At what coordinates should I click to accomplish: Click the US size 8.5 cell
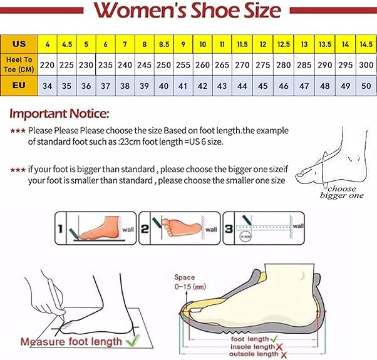click(x=163, y=44)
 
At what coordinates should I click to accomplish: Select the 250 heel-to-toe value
click(x=163, y=64)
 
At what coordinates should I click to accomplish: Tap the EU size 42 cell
click(x=203, y=85)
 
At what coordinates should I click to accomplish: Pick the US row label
click(x=19, y=44)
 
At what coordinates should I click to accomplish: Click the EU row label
click(x=19, y=85)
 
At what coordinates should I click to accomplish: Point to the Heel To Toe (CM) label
click(x=19, y=64)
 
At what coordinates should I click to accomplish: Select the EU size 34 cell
click(x=47, y=85)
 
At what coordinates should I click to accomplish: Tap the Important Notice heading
click(x=59, y=114)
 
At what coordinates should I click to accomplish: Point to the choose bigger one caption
click(x=341, y=192)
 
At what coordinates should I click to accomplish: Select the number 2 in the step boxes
click(x=144, y=230)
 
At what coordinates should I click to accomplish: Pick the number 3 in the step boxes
click(x=228, y=230)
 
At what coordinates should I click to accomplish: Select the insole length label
click(x=250, y=346)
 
